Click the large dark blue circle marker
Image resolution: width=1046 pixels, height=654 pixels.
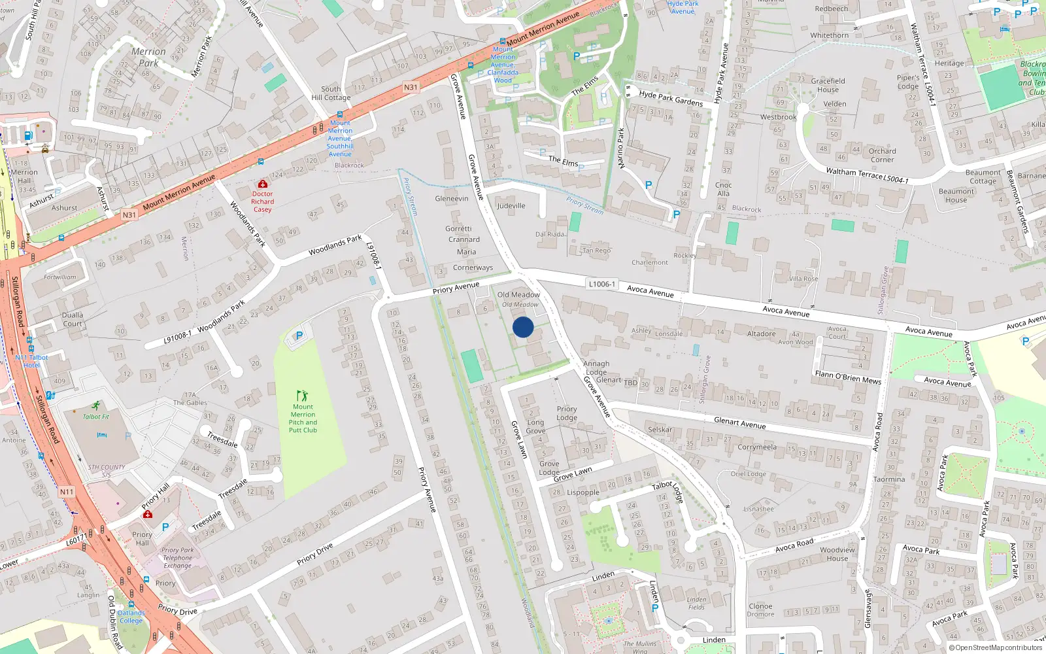click(523, 327)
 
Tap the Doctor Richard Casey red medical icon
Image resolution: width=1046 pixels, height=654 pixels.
click(263, 184)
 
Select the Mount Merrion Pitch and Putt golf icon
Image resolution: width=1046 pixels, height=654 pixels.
click(302, 396)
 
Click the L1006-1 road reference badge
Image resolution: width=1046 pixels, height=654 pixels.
click(601, 284)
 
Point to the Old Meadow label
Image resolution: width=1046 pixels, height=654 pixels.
click(518, 295)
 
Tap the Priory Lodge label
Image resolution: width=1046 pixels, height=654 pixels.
click(567, 413)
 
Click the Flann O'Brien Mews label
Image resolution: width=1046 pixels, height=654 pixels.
click(848, 377)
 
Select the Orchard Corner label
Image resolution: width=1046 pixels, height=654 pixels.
click(882, 155)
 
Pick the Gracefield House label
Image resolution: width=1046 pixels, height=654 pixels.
click(828, 85)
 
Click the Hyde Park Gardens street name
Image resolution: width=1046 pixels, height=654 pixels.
click(671, 98)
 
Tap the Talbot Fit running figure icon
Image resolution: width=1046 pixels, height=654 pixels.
click(96, 406)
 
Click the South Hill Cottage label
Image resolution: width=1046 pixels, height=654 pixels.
click(331, 93)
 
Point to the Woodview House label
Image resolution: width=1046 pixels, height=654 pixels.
click(837, 554)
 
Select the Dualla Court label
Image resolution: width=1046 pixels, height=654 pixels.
click(73, 319)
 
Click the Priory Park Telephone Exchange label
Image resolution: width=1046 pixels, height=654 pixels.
click(178, 558)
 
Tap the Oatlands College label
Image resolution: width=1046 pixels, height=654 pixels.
click(131, 617)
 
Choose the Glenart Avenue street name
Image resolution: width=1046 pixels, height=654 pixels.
click(739, 423)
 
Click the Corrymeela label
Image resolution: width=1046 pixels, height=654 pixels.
click(757, 447)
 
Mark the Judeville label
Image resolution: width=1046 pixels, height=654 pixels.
click(511, 205)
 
